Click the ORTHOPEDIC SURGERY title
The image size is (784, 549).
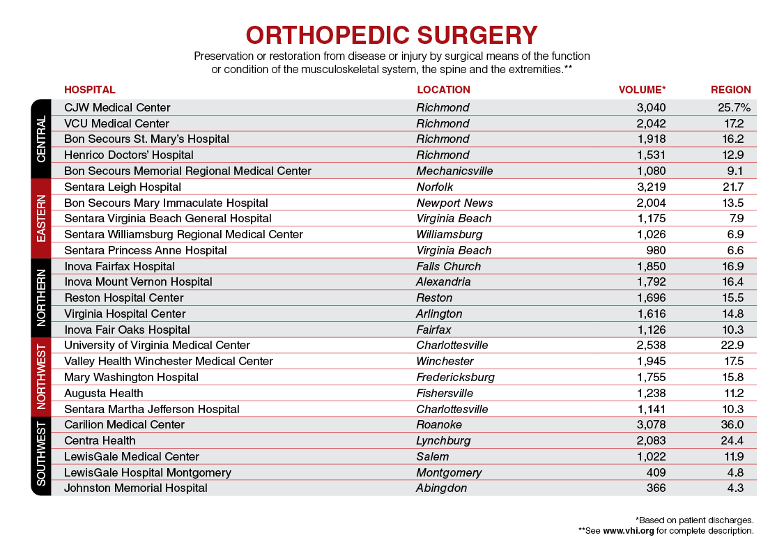tap(392, 35)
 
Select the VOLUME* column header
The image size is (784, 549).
tap(642, 90)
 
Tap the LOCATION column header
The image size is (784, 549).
tap(443, 90)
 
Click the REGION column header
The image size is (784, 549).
tap(730, 90)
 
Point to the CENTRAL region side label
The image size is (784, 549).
tap(41, 139)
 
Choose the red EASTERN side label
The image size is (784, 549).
tap(41, 218)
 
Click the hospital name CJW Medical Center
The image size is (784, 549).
tap(117, 108)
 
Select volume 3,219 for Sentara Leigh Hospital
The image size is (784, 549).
tap(651, 187)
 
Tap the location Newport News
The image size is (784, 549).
tap(454, 203)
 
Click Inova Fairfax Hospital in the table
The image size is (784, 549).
tap(119, 266)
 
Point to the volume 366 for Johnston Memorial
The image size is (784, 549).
tap(655, 488)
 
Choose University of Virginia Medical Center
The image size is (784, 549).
tap(157, 346)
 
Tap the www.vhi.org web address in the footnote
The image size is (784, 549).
tap(628, 530)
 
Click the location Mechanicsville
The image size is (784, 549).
tap(454, 171)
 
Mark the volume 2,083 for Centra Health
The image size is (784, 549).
tap(651, 440)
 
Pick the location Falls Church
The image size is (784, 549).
tap(448, 266)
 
